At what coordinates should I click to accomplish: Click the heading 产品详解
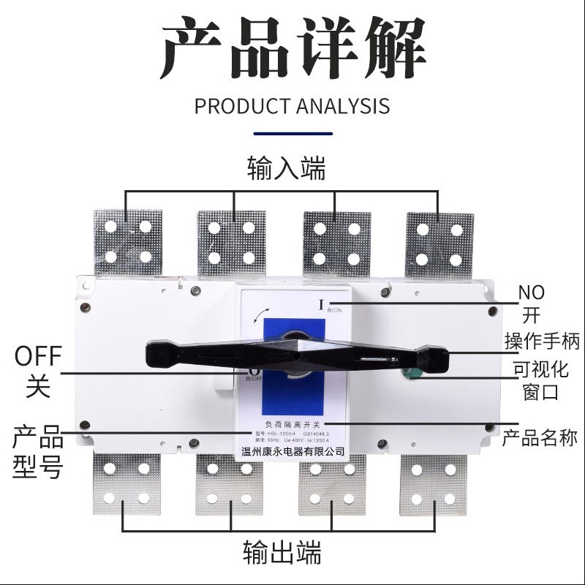[292, 50]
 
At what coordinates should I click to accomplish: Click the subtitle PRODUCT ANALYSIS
[292, 105]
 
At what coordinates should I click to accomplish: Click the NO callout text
[532, 292]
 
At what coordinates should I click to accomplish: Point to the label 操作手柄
[542, 341]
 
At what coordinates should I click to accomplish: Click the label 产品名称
[540, 438]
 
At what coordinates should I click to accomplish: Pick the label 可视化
[540, 369]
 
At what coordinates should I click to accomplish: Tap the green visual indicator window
[409, 374]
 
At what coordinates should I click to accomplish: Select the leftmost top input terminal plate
[127, 241]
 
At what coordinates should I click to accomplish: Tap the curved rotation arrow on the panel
[255, 317]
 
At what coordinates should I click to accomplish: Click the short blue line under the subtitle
[292, 134]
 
